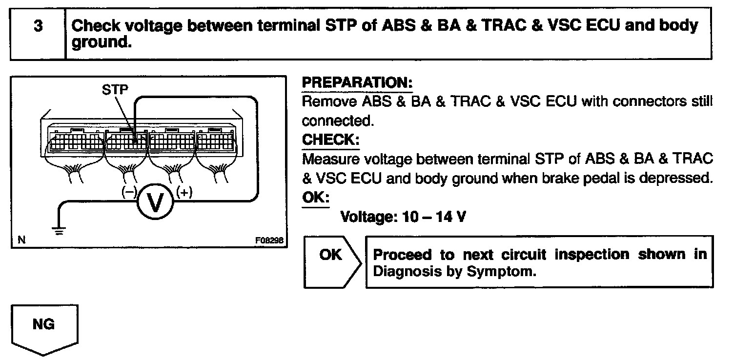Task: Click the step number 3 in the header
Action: pos(38,26)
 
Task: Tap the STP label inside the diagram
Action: pos(116,90)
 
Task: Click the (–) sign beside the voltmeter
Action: pos(129,192)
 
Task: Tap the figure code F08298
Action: pos(268,240)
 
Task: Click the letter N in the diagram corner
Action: pos(21,240)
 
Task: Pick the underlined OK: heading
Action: pos(316,198)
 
